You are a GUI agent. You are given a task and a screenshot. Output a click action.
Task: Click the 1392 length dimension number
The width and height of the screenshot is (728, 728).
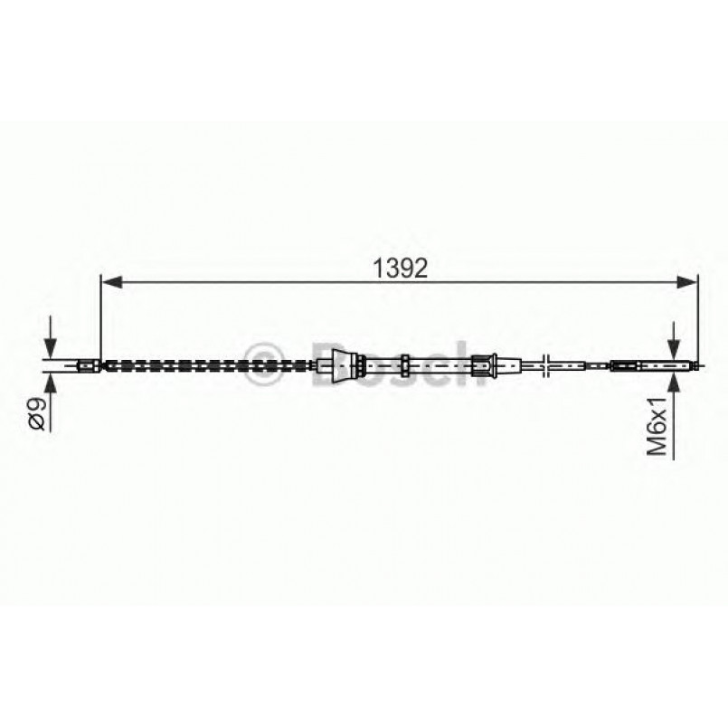click(x=400, y=269)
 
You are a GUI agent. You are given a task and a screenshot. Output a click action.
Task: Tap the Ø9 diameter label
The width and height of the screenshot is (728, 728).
click(x=37, y=414)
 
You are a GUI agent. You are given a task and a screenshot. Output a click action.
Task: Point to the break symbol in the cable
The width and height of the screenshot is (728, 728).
click(x=546, y=365)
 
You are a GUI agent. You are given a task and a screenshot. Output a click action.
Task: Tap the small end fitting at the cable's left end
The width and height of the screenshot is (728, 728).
click(x=89, y=365)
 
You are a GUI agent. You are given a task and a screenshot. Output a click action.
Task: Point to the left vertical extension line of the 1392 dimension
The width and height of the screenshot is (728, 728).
click(x=99, y=317)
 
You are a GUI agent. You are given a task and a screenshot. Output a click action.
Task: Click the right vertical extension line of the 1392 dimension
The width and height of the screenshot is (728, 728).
click(x=698, y=317)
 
